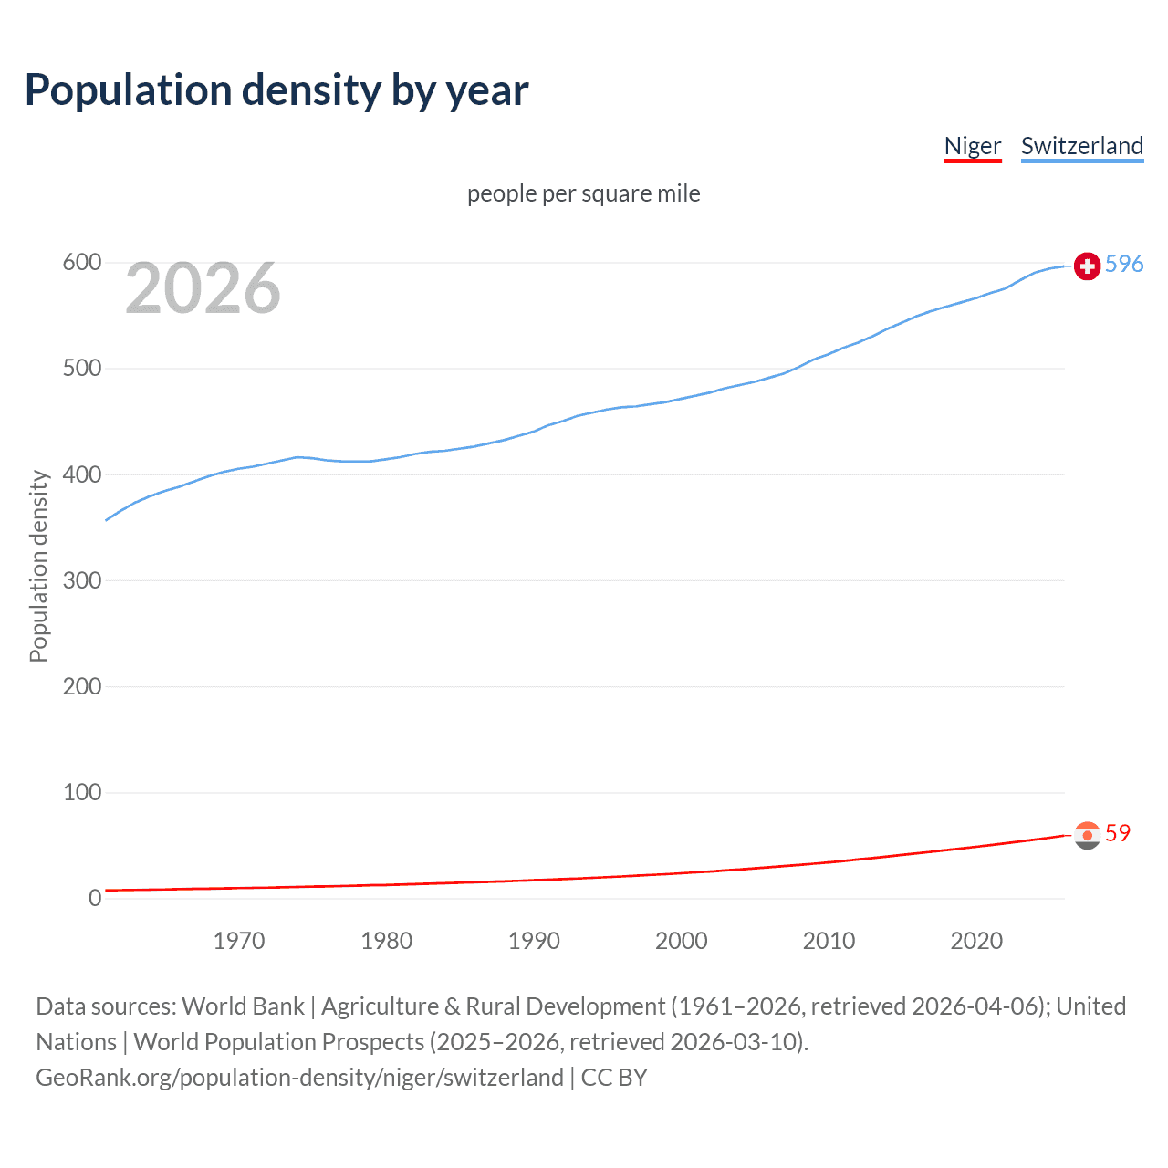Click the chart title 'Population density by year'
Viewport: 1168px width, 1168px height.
[276, 90]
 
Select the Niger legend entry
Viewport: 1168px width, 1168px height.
[972, 146]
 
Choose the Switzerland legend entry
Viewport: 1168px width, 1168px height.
[1081, 146]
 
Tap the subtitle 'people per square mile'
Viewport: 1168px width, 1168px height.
[583, 193]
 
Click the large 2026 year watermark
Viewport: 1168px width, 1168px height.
[203, 288]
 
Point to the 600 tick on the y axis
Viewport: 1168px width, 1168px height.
[81, 263]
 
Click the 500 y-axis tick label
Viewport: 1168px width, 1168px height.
[81, 369]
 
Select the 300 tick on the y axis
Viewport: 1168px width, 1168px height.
[81, 580]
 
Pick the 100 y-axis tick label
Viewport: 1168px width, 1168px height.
[81, 792]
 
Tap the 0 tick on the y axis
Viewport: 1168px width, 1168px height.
[95, 898]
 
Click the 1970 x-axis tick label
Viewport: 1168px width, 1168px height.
[239, 941]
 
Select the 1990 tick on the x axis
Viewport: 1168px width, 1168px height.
[534, 941]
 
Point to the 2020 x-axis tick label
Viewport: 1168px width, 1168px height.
[976, 941]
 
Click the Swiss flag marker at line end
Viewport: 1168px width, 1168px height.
[1087, 266]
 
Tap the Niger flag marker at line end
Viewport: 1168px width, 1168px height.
[1087, 835]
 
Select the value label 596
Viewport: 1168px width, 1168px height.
[1124, 264]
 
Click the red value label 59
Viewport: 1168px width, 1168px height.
[1118, 833]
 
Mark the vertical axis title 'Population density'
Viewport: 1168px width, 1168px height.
[38, 566]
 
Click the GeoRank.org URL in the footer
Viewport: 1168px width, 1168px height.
[299, 1078]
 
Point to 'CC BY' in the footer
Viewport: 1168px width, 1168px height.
[614, 1078]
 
